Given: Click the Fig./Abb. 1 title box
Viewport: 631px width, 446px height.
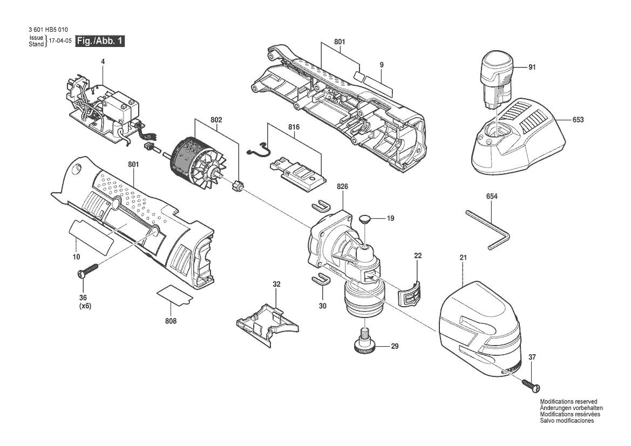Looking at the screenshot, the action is pyautogui.click(x=100, y=41).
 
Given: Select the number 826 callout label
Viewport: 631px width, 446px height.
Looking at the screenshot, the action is pyautogui.click(x=342, y=187).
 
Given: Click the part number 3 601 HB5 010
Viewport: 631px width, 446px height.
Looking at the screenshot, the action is pyautogui.click(x=48, y=30).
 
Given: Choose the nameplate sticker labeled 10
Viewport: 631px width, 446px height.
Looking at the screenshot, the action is pyautogui.click(x=91, y=237).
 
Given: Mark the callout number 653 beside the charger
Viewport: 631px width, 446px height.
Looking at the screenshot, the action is pyautogui.click(x=578, y=119).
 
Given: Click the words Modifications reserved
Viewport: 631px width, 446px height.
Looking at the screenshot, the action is pyautogui.click(x=568, y=401).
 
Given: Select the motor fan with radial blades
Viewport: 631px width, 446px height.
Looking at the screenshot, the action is pyautogui.click(x=210, y=171).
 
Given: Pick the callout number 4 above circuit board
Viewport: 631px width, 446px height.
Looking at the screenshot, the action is pyautogui.click(x=103, y=62).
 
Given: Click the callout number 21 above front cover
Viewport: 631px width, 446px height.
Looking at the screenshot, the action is pyautogui.click(x=463, y=257).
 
